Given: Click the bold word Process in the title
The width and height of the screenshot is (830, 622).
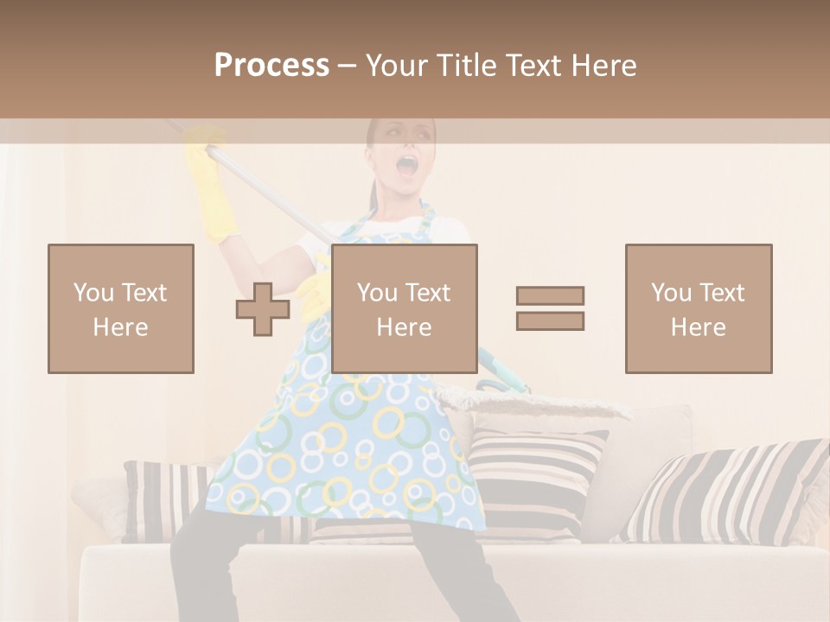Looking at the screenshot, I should pyautogui.click(x=271, y=65).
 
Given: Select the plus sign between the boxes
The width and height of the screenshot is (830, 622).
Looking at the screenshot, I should pyautogui.click(x=263, y=309).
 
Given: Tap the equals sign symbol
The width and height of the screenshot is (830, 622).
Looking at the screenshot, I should pyautogui.click(x=550, y=308).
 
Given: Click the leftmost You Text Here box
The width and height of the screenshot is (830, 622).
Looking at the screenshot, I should pyautogui.click(x=121, y=308).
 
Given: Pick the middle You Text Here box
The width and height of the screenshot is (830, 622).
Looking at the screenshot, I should pyautogui.click(x=404, y=308).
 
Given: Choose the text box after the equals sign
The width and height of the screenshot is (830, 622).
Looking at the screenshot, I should pyautogui.click(x=698, y=308).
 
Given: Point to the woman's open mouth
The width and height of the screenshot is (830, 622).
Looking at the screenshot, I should pyautogui.click(x=405, y=165).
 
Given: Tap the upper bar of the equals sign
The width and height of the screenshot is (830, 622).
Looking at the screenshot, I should pyautogui.click(x=550, y=295).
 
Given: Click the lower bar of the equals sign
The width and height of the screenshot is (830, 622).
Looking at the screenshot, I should pyautogui.click(x=550, y=321).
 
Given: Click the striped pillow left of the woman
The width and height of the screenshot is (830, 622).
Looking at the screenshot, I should pyautogui.click(x=164, y=501).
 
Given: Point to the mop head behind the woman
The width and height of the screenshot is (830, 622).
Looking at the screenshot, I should pyautogui.click(x=527, y=401).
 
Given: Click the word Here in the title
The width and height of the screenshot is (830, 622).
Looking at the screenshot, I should pyautogui.click(x=603, y=65).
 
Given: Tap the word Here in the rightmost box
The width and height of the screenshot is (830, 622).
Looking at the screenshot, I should pyautogui.click(x=698, y=327).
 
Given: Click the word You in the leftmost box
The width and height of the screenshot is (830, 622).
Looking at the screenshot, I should pyautogui.click(x=93, y=292).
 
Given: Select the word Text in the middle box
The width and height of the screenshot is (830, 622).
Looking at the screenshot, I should pyautogui.click(x=429, y=292).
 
